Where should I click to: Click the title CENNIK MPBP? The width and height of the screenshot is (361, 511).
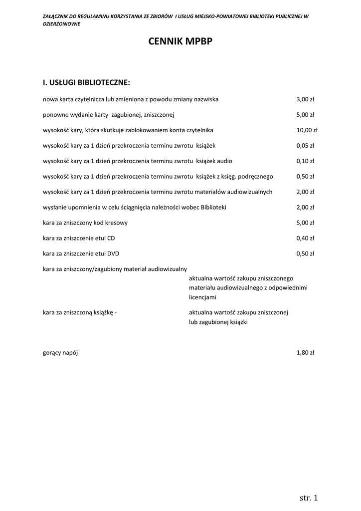(180, 42)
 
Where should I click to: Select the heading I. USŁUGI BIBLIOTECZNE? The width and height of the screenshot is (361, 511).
(86, 82)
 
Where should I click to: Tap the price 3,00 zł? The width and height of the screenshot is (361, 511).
(305, 99)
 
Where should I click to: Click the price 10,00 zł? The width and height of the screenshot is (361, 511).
(307, 130)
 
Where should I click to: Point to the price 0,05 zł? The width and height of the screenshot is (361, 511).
(305, 146)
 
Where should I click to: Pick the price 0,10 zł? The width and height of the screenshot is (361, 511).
(305, 161)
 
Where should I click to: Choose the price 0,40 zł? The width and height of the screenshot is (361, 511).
(305, 238)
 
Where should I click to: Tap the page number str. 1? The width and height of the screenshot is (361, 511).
(309, 498)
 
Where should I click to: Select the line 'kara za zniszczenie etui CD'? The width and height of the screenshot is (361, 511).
(79, 238)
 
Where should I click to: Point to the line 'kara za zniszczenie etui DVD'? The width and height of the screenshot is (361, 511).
(81, 254)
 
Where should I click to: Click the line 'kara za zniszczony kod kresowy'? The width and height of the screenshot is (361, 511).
(85, 223)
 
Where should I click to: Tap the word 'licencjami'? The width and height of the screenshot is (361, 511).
(202, 297)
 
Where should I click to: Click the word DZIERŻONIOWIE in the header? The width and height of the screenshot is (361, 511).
(62, 24)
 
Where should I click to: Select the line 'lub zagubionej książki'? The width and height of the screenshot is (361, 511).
(218, 322)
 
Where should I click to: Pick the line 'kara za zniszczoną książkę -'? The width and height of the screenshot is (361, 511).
(80, 312)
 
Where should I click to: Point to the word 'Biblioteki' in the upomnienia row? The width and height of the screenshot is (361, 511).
(213, 207)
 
